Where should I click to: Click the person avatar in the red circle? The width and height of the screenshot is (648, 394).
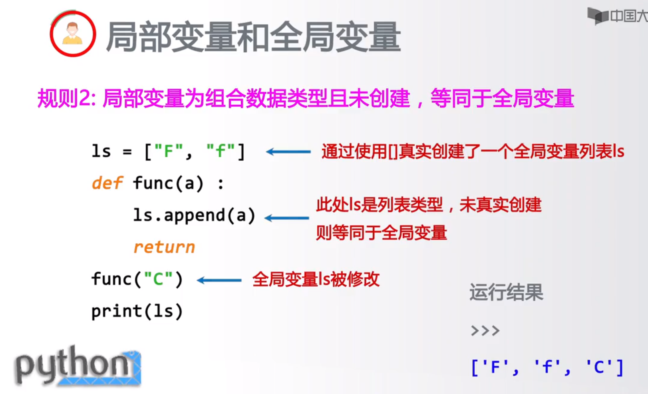[x=72, y=34]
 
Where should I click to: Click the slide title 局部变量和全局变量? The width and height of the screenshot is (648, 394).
[x=253, y=37]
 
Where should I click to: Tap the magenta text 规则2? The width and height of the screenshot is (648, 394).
[x=66, y=98]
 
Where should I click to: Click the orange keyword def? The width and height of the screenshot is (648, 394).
[x=107, y=183]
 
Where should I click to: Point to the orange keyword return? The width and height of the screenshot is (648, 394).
[x=164, y=247]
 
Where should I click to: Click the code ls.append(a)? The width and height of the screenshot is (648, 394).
[x=194, y=215]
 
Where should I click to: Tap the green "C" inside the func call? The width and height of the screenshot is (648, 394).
[x=158, y=279]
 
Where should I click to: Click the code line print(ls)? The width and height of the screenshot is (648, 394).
[x=137, y=311]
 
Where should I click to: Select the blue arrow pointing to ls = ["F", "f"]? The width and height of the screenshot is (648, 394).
[x=288, y=152]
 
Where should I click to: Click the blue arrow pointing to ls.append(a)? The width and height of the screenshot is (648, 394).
[x=286, y=218]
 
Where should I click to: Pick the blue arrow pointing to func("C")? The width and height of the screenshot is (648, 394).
[x=219, y=281]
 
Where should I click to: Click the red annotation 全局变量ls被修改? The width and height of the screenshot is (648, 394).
[x=316, y=279]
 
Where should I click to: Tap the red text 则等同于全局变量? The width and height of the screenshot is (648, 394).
[x=381, y=233]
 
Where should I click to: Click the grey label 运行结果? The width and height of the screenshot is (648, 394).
[x=506, y=293]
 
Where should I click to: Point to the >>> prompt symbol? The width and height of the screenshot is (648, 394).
[x=485, y=331]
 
